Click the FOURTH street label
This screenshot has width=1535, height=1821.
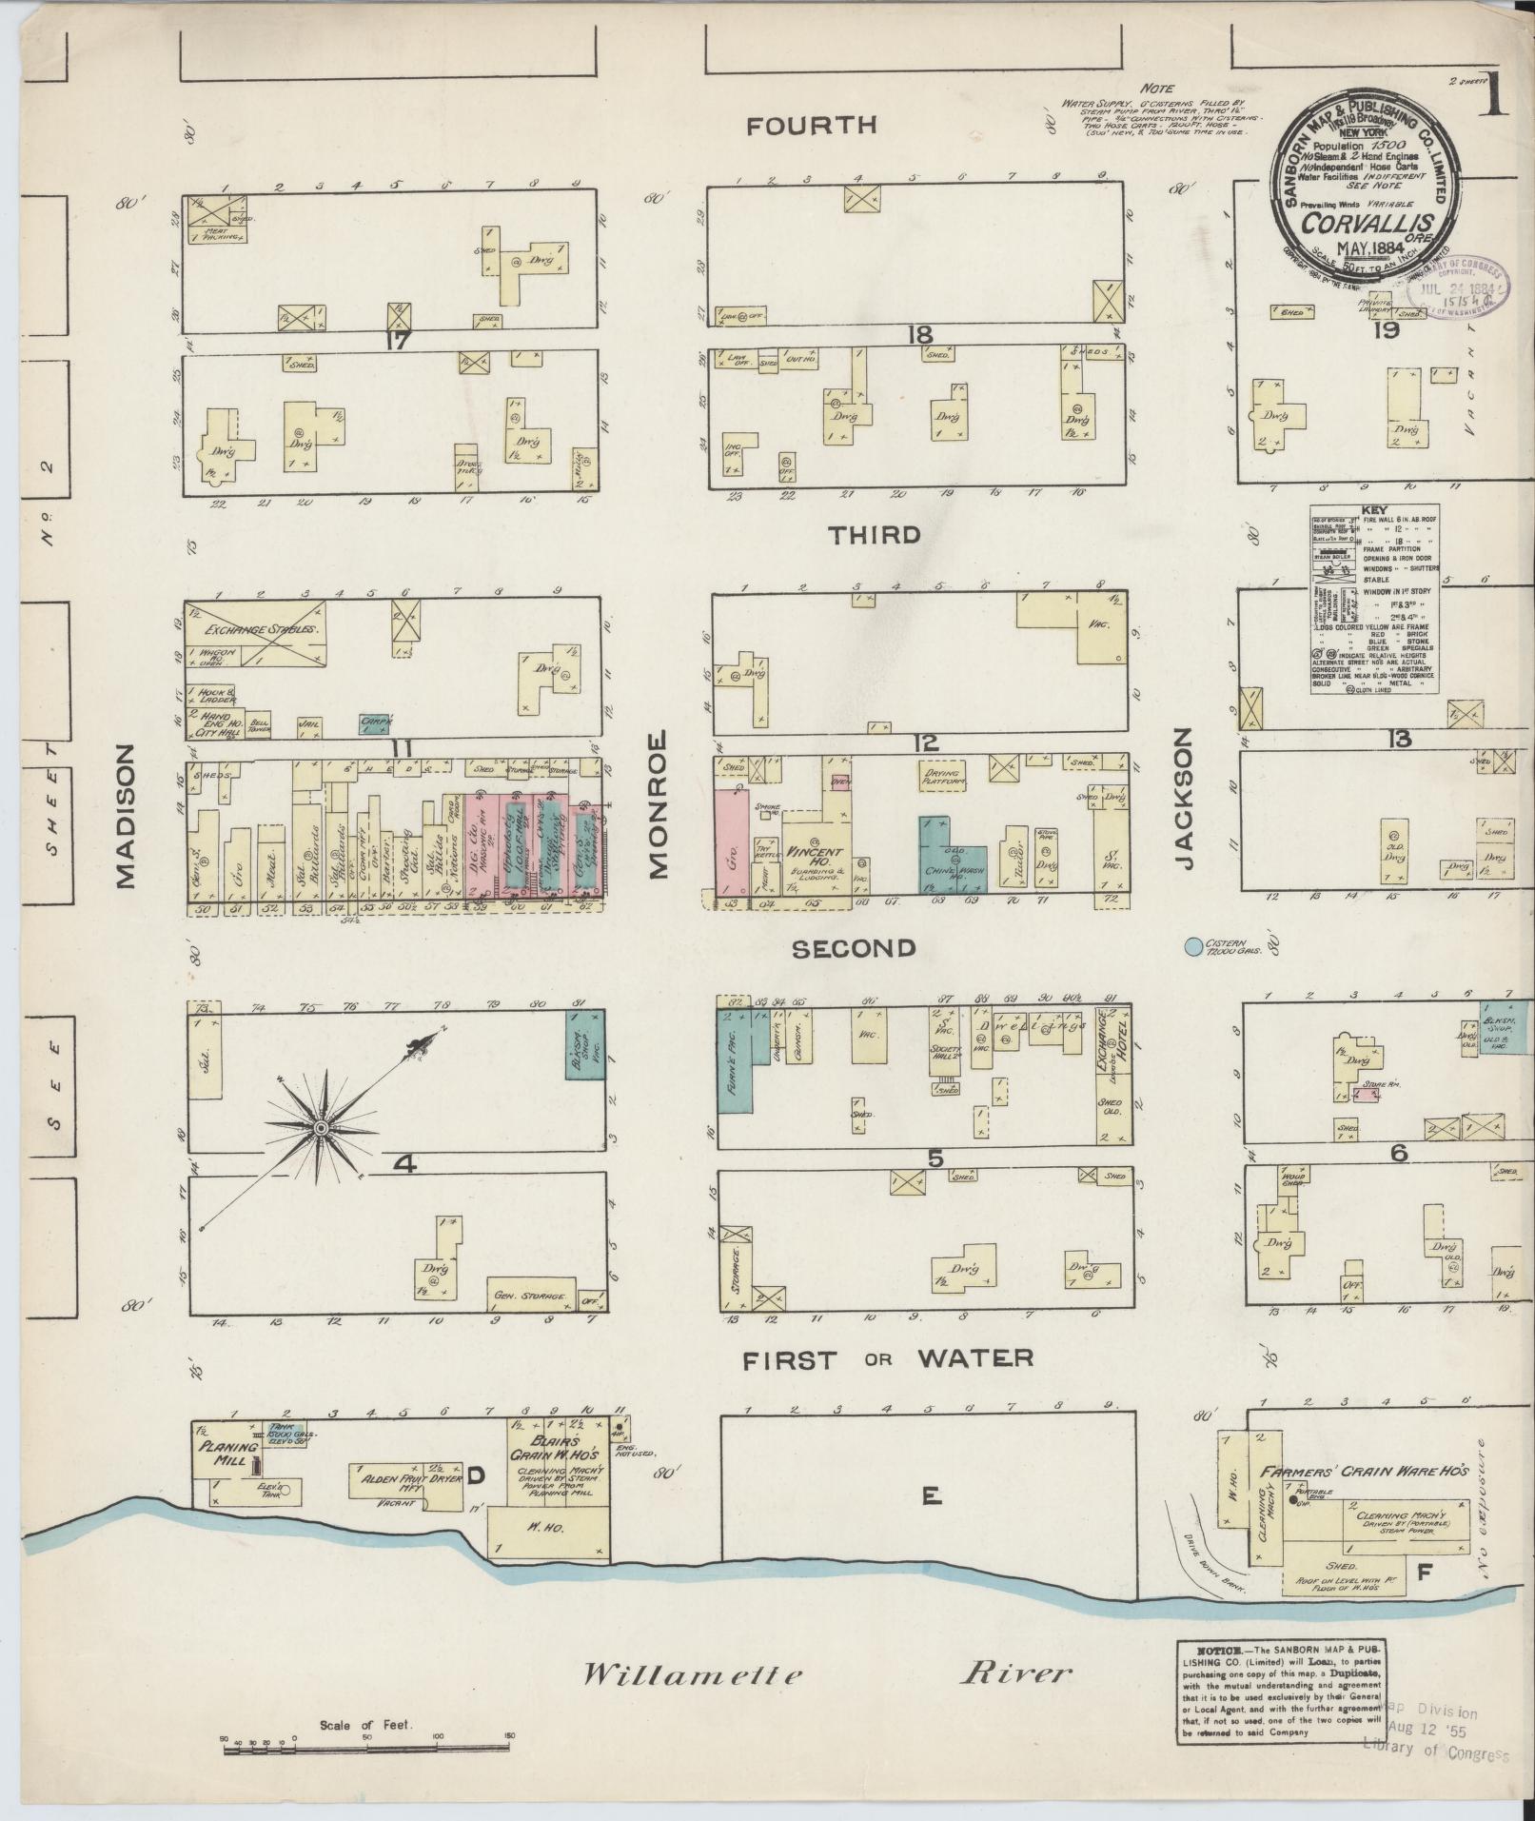coord(811,125)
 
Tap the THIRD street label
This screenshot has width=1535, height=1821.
coord(875,535)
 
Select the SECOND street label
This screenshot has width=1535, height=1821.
coord(853,948)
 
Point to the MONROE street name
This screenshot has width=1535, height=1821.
coord(659,803)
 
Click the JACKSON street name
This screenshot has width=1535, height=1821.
coord(1183,798)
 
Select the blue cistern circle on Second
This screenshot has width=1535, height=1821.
coord(1191,947)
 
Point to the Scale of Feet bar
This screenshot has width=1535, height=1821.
coord(366,1746)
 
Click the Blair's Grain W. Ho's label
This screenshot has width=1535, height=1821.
coord(555,1448)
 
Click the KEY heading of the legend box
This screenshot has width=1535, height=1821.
coord(1374,509)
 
